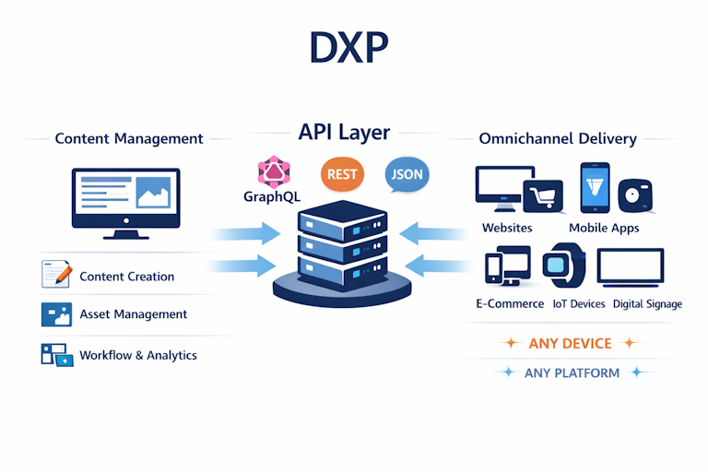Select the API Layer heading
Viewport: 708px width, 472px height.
point(344,133)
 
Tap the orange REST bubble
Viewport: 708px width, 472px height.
point(342,173)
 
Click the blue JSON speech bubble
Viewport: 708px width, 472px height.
point(407,173)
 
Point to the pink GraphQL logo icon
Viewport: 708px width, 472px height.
point(274,171)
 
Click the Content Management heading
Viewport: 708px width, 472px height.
point(129,139)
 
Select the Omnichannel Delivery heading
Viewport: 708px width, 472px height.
point(558,139)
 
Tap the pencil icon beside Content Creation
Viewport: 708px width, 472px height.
point(55,274)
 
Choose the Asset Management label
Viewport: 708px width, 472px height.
point(133,314)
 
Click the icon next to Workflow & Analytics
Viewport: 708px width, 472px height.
point(56,355)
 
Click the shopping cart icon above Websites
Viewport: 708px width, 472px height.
point(542,196)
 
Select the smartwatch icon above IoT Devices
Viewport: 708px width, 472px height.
point(562,266)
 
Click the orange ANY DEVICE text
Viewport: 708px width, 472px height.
point(570,343)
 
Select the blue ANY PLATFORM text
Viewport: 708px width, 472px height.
point(572,372)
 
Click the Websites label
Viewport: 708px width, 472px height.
point(506,228)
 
